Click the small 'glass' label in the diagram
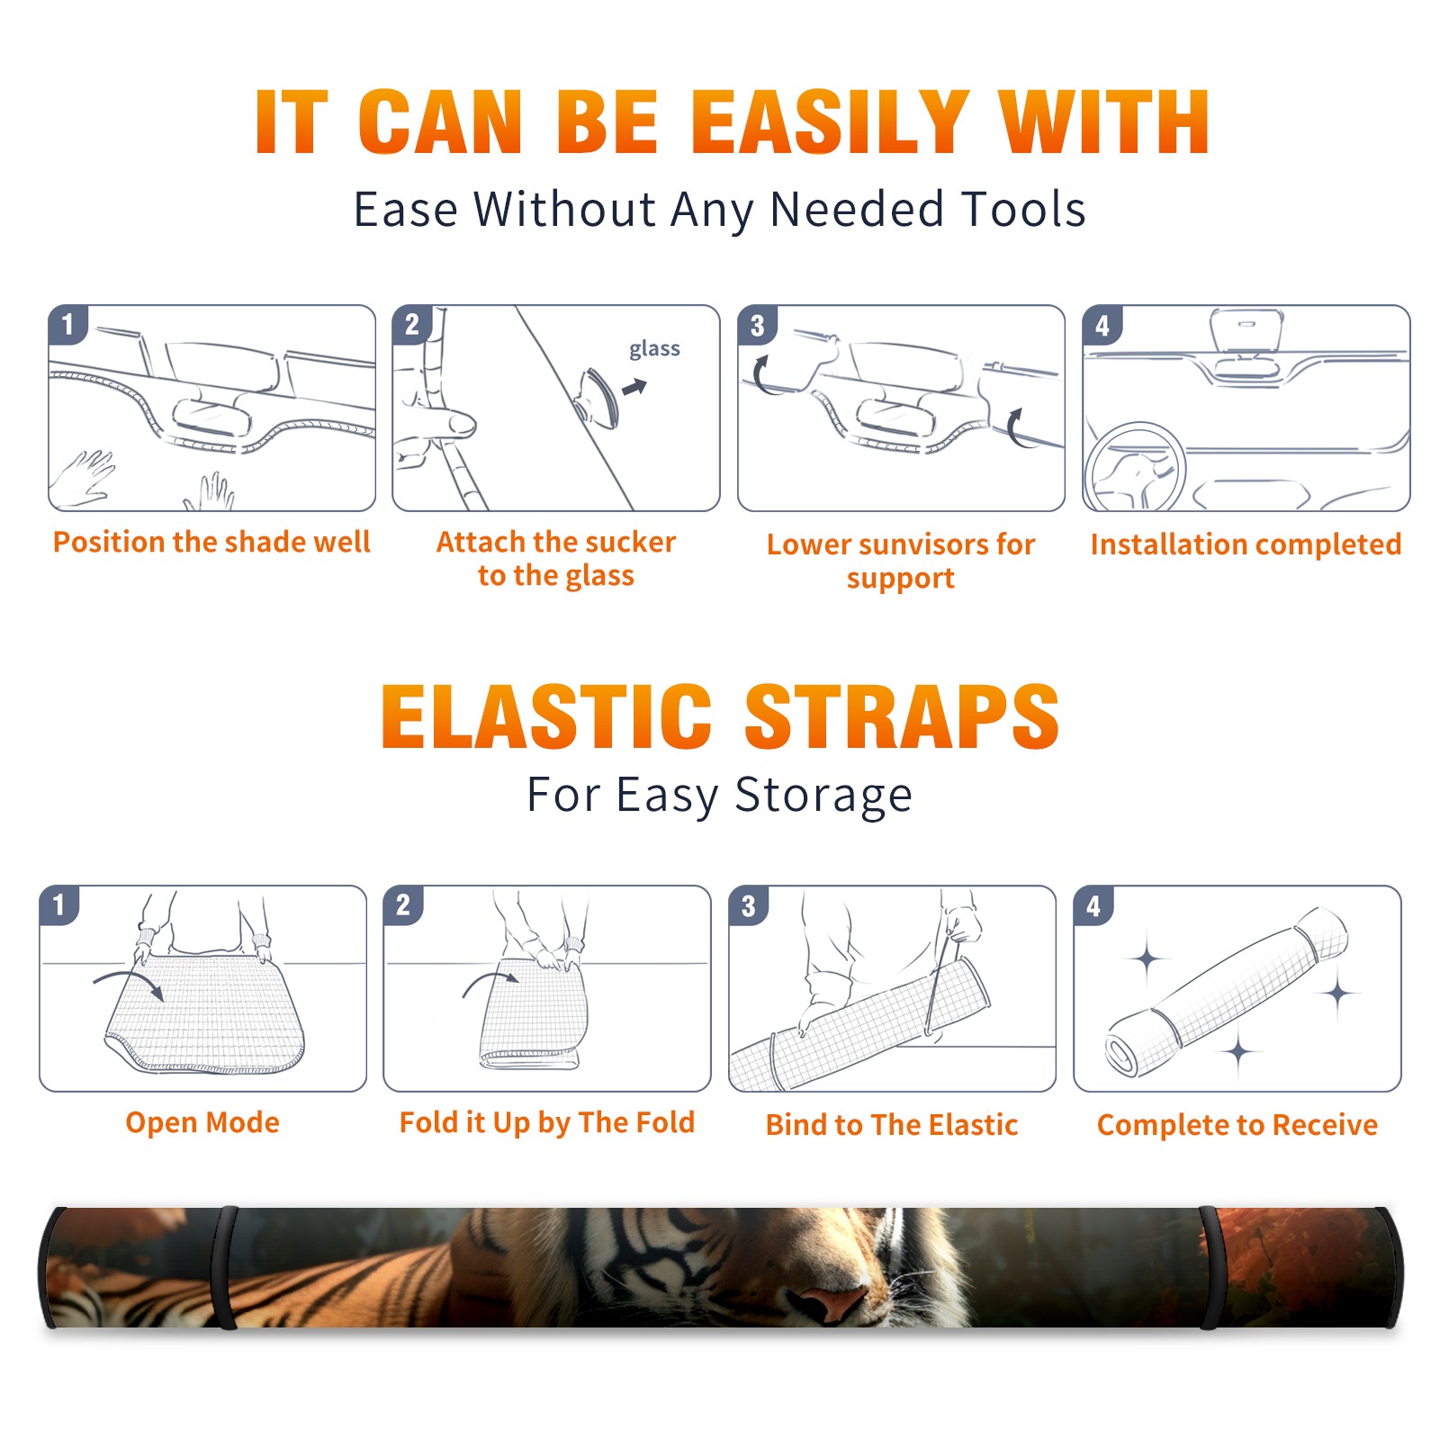(654, 349)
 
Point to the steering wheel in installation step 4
(1134, 468)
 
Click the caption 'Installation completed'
(1246, 544)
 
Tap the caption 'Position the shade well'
(211, 542)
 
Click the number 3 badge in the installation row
(757, 325)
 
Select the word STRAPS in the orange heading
(902, 716)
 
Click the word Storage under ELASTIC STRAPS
(823, 796)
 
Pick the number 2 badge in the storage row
(403, 904)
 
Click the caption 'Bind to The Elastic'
(891, 1125)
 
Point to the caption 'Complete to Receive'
(1237, 1125)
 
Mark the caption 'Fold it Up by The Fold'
(547, 1123)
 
